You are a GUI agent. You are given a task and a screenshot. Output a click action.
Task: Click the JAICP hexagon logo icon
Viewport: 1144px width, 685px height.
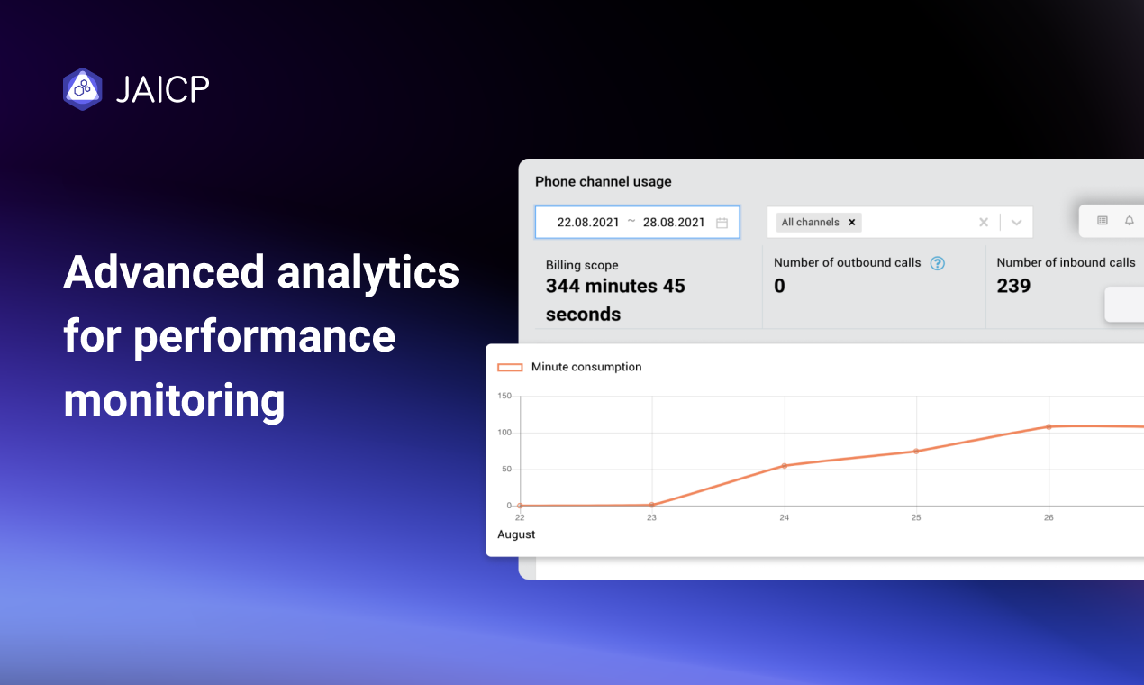tap(82, 89)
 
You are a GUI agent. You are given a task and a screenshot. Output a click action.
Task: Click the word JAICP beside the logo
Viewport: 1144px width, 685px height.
tap(163, 89)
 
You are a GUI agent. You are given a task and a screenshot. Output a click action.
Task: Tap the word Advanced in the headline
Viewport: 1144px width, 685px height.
tap(163, 271)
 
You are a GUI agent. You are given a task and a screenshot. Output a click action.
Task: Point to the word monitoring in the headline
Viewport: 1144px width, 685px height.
tap(174, 401)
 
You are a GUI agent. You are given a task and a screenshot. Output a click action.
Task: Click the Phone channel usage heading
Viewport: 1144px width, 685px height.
tap(604, 181)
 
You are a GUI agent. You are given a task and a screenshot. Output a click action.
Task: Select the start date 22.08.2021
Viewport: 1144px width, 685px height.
tap(588, 223)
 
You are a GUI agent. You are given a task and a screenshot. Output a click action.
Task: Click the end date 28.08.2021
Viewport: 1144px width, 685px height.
tap(674, 223)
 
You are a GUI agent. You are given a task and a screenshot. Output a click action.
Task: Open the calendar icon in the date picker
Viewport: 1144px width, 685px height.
tap(722, 223)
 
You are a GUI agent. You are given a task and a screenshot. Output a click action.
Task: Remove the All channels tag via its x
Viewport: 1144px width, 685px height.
tap(852, 223)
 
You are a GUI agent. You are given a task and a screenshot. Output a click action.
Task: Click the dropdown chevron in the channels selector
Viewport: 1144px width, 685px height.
tap(1016, 223)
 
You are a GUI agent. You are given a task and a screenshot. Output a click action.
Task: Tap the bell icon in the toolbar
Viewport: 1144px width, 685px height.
tap(1130, 220)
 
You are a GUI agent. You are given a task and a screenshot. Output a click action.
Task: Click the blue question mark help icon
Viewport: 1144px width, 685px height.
tap(937, 263)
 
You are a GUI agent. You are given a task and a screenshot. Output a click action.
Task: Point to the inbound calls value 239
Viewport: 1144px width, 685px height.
tap(1013, 286)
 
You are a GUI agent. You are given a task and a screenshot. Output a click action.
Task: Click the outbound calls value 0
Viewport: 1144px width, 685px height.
tap(779, 286)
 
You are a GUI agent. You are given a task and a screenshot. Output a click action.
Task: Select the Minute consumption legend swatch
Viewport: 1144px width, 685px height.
tap(510, 367)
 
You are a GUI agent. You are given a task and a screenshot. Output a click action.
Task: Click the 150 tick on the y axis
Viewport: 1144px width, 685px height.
tap(504, 396)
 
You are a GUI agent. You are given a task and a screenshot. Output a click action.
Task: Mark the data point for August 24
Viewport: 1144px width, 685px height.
tap(785, 466)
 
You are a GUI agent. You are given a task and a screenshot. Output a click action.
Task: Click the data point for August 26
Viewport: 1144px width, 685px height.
tap(1049, 426)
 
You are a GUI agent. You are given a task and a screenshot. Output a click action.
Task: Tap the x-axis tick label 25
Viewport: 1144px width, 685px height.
tap(916, 517)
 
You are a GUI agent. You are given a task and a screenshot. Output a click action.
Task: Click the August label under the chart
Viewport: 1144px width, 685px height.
tap(516, 534)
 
